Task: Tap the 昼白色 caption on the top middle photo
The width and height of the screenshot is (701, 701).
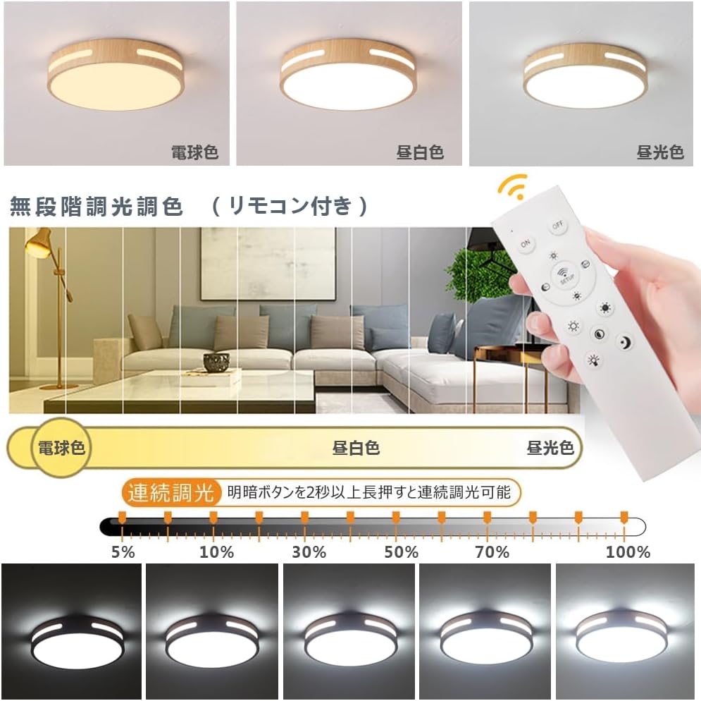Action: pyautogui.click(x=420, y=152)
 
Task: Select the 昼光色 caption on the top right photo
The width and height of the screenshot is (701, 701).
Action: pyautogui.click(x=660, y=152)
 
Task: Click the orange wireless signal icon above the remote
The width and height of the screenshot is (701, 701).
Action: pyautogui.click(x=511, y=187)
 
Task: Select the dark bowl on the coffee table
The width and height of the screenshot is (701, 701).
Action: pyautogui.click(x=216, y=362)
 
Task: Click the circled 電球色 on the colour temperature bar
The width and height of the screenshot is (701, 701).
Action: pyautogui.click(x=61, y=447)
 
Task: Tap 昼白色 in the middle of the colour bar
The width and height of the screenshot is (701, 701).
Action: pyautogui.click(x=356, y=448)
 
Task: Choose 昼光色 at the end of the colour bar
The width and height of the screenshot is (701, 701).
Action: pyautogui.click(x=550, y=448)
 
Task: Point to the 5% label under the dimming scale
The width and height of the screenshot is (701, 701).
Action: pyautogui.click(x=123, y=552)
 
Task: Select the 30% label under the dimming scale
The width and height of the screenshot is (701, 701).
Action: pyautogui.click(x=309, y=552)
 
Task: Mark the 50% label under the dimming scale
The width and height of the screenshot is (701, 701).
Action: pyautogui.click(x=401, y=552)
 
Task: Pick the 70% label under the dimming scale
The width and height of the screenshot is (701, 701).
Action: pyautogui.click(x=492, y=552)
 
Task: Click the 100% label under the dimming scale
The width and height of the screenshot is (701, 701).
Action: pyautogui.click(x=628, y=552)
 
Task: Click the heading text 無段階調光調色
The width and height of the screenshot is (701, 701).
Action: pyautogui.click(x=97, y=207)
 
